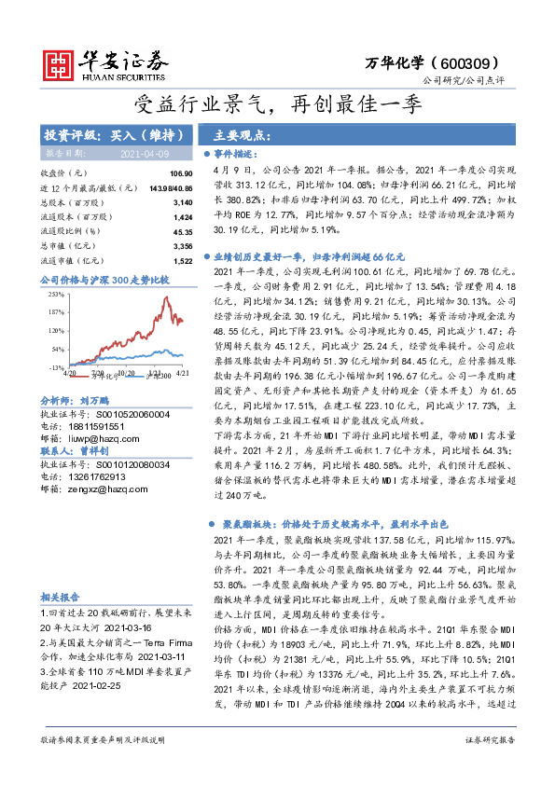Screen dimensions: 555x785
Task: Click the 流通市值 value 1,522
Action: [182, 261]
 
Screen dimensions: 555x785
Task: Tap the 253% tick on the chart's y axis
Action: [53, 294]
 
